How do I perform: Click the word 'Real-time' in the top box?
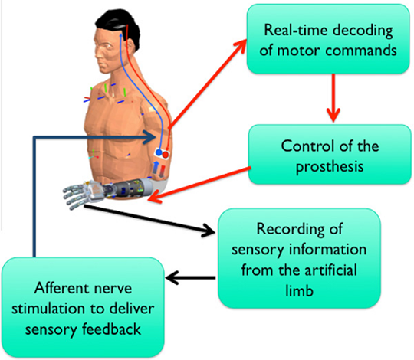tap(296, 30)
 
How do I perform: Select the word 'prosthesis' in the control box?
tap(330, 167)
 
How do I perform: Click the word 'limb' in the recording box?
tap(299, 291)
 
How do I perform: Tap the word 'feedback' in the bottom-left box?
tap(111, 329)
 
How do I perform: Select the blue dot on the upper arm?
tap(159, 152)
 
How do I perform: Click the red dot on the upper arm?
tap(166, 155)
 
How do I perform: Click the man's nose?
tap(98, 52)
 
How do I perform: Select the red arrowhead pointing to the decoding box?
tap(241, 45)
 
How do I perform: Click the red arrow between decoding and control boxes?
tap(333, 97)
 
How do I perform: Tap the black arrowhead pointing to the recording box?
tap(209, 231)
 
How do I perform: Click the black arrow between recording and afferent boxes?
tap(190, 277)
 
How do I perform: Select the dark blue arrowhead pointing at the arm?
tap(149, 137)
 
